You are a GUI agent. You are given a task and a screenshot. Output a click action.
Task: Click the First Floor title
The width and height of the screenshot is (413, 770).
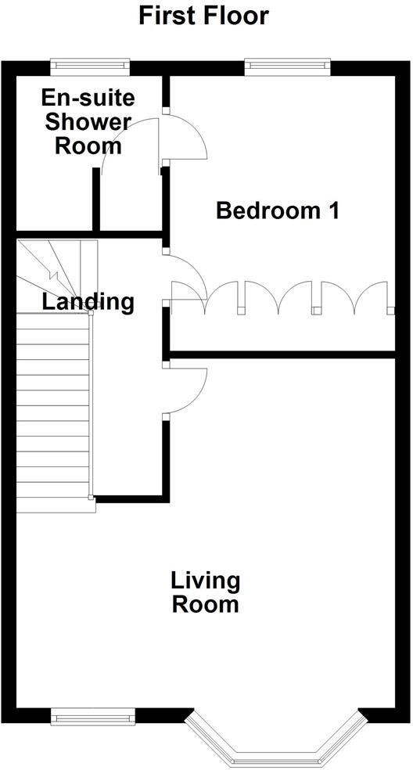[x=204, y=15]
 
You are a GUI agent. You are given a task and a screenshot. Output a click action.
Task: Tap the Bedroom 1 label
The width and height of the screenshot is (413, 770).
[x=278, y=210]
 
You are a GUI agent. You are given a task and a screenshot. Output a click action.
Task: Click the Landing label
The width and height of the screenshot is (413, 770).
[x=88, y=301]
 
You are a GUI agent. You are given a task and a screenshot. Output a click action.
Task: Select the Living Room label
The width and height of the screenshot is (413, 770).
[x=205, y=592]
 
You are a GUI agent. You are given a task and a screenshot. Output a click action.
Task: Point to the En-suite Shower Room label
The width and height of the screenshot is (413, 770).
[x=88, y=122]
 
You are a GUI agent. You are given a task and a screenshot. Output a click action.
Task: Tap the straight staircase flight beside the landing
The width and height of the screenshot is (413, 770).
[x=53, y=407]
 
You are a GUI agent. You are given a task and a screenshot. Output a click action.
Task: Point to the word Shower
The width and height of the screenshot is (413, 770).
[x=88, y=122]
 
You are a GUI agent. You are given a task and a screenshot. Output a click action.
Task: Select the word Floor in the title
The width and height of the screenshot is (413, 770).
[x=235, y=15]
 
